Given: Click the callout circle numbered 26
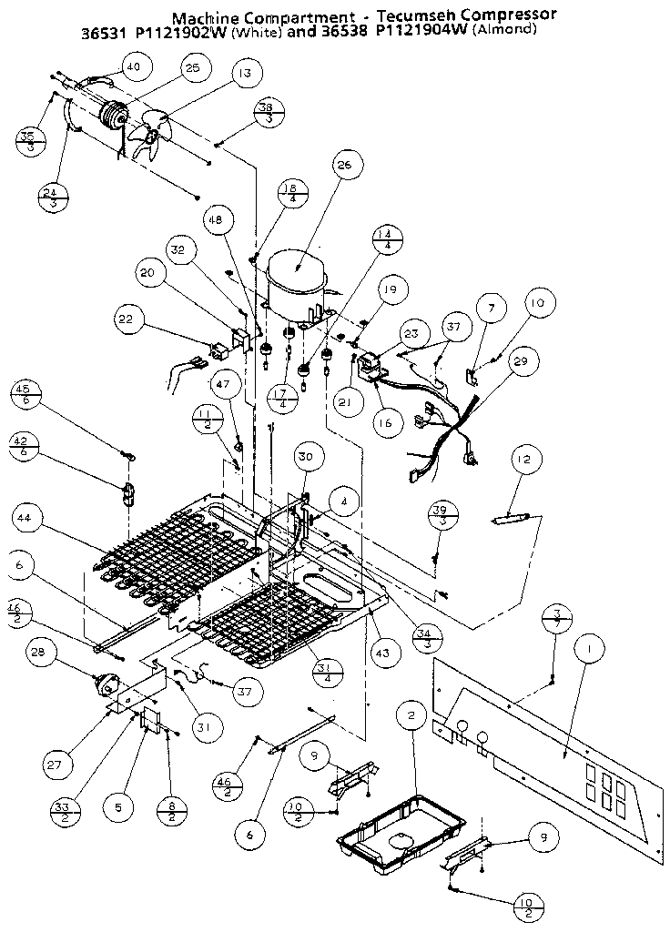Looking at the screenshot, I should pos(343,166).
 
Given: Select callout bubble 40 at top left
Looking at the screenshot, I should pos(133,66).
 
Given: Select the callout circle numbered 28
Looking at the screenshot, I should pos(38,653).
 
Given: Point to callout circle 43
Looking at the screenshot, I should pos(385,653).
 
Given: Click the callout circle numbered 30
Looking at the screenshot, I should pos(305,458).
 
